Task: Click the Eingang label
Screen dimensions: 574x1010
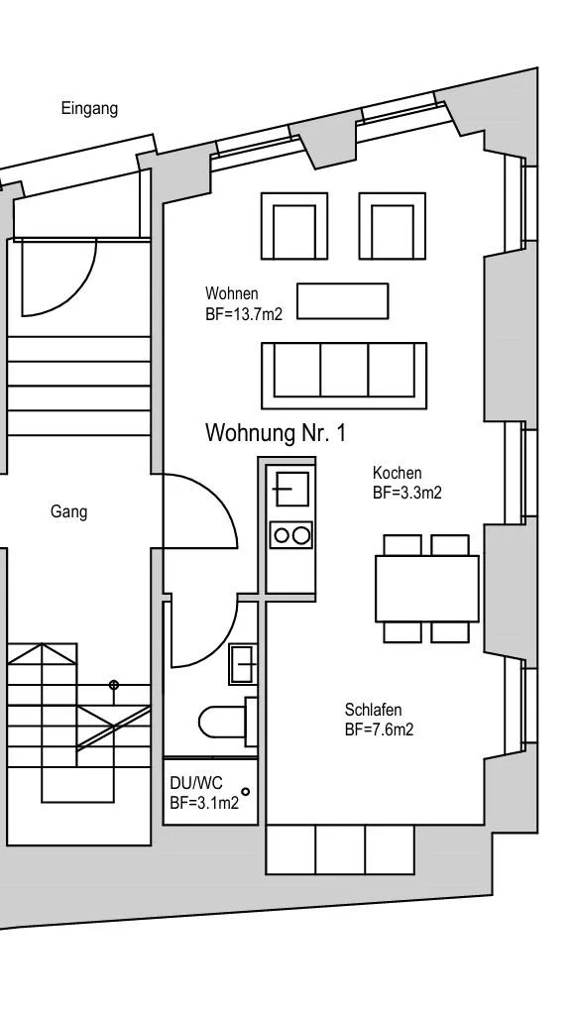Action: coord(89,109)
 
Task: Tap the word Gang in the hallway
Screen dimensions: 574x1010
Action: coord(69,512)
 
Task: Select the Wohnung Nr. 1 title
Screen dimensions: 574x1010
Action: coord(276,433)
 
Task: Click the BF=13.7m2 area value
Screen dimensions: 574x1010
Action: coord(244,314)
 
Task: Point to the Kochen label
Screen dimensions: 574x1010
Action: coord(398,473)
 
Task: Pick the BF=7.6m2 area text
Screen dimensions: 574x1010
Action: coord(379,729)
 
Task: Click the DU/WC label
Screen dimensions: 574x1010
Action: coord(196,783)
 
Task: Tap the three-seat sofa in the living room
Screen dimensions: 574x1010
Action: coord(344,376)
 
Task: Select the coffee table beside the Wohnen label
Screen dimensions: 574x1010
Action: coord(343,300)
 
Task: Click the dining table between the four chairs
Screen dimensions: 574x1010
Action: coord(427,589)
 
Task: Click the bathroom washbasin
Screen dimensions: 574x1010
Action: coord(243,664)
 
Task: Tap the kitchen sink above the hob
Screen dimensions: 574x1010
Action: coord(291,490)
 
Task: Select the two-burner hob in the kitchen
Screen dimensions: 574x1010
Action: coord(291,534)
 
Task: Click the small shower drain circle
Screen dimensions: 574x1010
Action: coord(246,792)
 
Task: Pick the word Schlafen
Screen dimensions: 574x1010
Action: coord(373,710)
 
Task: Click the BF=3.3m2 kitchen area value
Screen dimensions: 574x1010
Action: coord(407,494)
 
